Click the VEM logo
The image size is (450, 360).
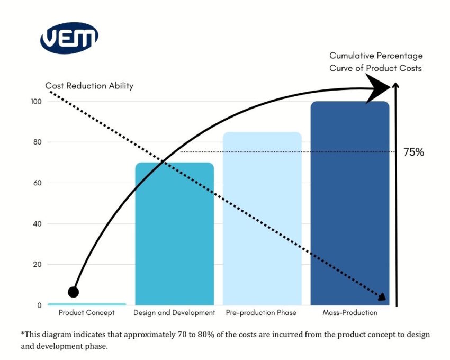click(69, 38)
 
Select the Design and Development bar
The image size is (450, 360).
click(174, 233)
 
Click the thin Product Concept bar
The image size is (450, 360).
click(87, 304)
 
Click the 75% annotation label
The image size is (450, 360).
click(414, 152)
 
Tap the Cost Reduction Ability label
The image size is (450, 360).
click(89, 86)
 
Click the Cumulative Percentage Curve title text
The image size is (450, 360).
click(376, 62)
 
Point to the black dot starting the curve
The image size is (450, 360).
click(74, 292)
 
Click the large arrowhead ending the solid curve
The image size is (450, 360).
click(379, 87)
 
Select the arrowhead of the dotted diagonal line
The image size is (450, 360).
click(382, 297)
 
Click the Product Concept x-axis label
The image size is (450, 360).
click(87, 313)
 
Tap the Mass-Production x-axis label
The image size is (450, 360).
click(350, 313)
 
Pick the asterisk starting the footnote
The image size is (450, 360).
click(23, 334)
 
